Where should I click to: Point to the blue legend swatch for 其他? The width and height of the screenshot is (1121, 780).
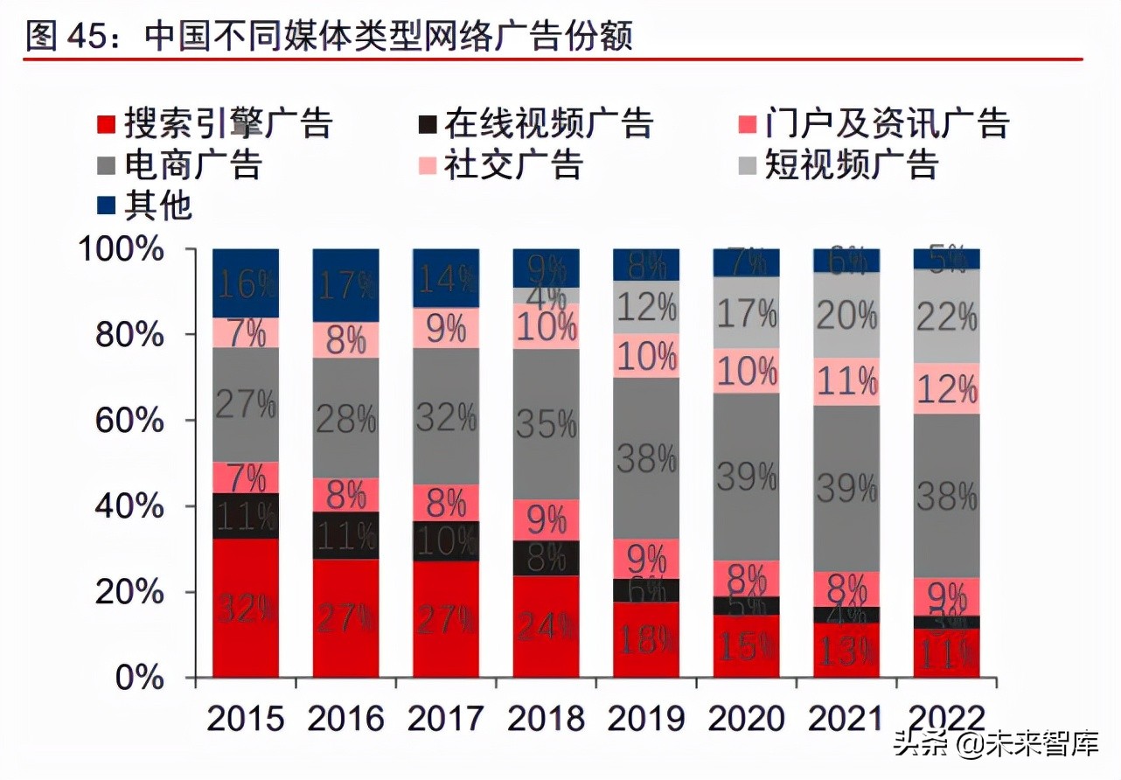tap(106, 206)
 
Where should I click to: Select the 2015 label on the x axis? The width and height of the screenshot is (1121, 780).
tap(246, 719)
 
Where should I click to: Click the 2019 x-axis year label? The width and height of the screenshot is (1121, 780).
tap(646, 719)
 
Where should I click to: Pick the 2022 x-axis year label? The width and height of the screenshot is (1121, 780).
tap(946, 719)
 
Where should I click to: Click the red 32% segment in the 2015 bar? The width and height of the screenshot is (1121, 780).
tap(246, 608)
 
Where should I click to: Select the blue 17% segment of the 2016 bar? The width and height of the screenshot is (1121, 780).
tap(346, 285)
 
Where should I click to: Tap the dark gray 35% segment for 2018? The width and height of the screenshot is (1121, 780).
tap(546, 424)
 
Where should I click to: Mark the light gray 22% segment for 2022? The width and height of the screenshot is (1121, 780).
tap(946, 316)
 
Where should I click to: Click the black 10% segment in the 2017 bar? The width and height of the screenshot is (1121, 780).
tap(446, 541)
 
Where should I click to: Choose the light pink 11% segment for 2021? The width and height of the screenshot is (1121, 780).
tap(846, 381)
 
